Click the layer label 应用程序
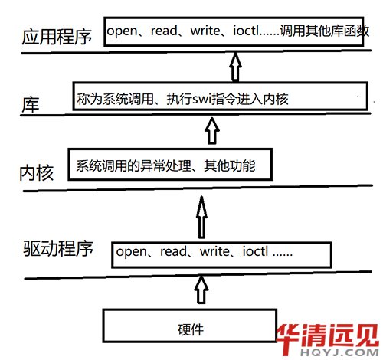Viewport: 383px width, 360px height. point(57,37)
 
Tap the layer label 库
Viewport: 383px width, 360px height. point(31,105)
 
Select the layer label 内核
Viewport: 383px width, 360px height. point(37,173)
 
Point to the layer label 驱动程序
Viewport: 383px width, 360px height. point(58,248)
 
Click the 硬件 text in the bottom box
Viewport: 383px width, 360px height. point(191,329)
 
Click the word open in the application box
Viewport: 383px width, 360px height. point(122,31)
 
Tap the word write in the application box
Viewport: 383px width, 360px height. point(205,31)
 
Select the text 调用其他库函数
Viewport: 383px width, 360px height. point(324,31)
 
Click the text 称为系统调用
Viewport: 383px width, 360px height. point(115,99)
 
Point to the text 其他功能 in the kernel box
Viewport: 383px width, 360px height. point(229,165)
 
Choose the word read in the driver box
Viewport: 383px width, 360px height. point(173,251)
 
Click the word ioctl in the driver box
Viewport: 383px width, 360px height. point(255,251)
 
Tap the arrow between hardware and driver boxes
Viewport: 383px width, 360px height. point(201,290)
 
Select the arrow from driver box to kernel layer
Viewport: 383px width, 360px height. point(201,217)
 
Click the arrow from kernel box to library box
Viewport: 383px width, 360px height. point(212,131)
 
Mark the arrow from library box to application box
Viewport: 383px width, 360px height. point(235,67)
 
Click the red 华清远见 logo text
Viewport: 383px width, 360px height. point(328,336)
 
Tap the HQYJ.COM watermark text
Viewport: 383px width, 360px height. point(339,352)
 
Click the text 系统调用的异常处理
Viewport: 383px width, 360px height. point(133,165)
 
